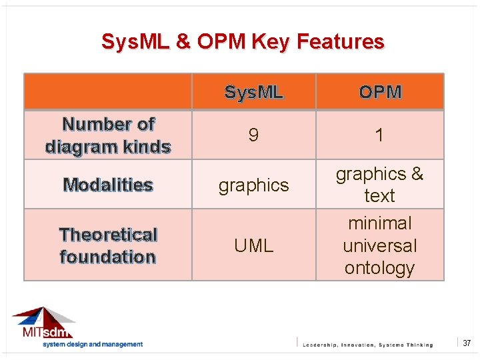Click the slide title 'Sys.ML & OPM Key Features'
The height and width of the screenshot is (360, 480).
[x=243, y=42]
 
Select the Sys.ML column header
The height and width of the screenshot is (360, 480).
[x=253, y=92]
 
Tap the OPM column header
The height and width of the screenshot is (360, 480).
[x=379, y=92]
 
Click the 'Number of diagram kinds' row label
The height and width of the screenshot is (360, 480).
[x=108, y=135]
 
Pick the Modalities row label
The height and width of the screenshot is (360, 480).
[x=108, y=185]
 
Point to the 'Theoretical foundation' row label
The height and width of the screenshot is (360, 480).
[x=108, y=245]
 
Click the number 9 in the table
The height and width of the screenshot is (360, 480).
[x=253, y=136]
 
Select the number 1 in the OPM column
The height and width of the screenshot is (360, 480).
[x=379, y=136]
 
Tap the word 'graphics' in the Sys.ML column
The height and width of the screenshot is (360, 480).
[x=253, y=185]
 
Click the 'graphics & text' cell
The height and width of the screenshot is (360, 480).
[x=379, y=185]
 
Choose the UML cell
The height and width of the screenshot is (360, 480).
[x=253, y=246]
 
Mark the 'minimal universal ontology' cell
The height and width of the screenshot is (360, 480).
[x=379, y=245]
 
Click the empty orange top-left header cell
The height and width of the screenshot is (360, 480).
[x=108, y=91]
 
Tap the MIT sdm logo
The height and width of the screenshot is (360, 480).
[x=44, y=323]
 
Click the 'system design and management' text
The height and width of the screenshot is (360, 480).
[x=93, y=345]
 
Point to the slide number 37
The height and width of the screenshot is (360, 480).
[x=467, y=343]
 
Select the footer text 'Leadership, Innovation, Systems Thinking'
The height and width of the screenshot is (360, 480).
[x=367, y=345]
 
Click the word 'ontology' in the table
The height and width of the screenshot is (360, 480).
[x=379, y=268]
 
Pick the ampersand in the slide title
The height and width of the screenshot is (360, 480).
[x=182, y=42]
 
